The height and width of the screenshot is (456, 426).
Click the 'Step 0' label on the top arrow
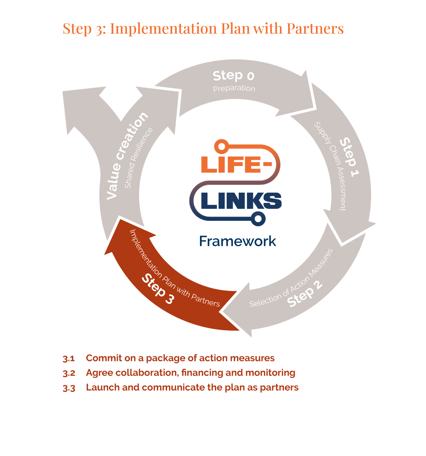point(233,75)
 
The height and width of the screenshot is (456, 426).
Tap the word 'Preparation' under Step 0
point(234,88)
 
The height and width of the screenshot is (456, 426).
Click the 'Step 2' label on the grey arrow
point(305,294)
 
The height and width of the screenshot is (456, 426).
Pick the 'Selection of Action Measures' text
point(291,278)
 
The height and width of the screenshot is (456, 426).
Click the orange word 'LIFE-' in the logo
point(236,164)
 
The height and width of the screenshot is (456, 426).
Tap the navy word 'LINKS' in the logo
point(241,201)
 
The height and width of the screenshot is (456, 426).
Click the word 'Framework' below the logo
point(238,241)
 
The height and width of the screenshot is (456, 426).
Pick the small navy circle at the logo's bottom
point(258,219)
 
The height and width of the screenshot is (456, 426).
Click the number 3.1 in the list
point(69,358)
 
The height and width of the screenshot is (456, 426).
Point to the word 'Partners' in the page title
point(315,29)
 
